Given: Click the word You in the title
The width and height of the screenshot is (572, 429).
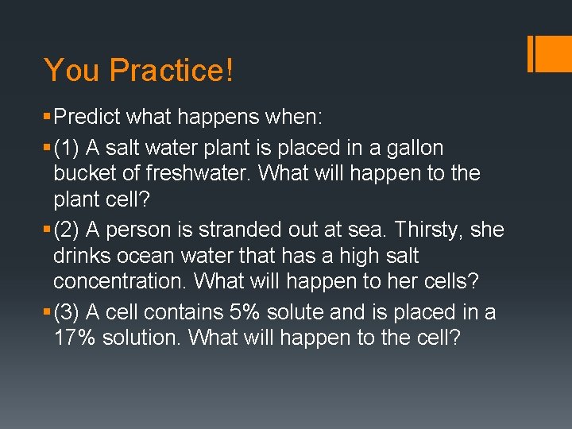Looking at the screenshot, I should click(x=72, y=70).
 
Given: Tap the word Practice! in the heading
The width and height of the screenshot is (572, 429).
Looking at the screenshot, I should click(x=172, y=70).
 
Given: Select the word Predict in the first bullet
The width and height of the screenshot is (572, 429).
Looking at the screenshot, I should click(x=86, y=118).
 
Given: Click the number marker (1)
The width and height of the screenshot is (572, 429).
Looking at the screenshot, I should click(x=67, y=147).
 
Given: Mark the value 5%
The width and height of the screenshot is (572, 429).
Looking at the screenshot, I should click(x=253, y=312).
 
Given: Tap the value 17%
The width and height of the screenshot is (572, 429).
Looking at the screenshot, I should click(x=75, y=338).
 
